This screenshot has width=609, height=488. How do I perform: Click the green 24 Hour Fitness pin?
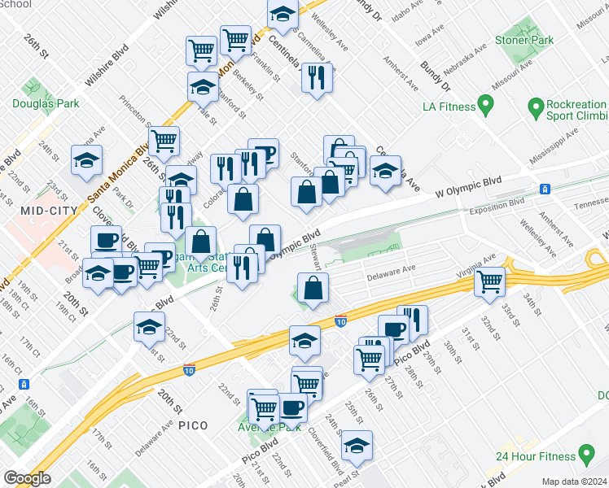[585, 454]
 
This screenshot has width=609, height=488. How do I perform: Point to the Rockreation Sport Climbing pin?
[536, 107]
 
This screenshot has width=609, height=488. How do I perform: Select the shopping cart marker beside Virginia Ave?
[491, 281]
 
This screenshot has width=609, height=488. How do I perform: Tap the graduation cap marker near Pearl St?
[357, 445]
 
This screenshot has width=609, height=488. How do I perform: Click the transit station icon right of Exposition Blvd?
[545, 189]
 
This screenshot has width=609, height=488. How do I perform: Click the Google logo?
[28, 478]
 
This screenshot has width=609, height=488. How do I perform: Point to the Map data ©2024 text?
[575, 481]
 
